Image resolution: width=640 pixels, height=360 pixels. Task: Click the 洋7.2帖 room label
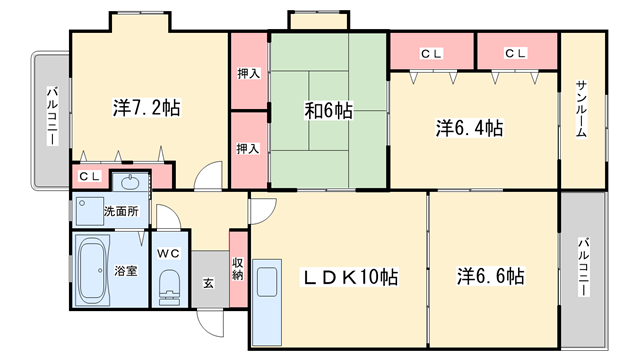coord(147,108)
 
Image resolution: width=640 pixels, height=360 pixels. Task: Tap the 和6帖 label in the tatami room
coord(329,110)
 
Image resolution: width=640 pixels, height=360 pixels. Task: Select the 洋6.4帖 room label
coord(469,128)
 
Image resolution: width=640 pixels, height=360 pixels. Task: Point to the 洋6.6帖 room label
coord(491,276)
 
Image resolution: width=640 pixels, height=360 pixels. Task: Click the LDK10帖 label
coord(349,277)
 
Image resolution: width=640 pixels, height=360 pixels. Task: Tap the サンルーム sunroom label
coord(582,109)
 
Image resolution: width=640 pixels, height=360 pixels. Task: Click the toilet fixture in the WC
coord(169,288)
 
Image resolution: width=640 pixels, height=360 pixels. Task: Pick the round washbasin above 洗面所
coord(131,181)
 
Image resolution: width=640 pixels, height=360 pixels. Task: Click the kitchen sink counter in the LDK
coord(267,302)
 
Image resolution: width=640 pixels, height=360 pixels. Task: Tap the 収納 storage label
coord(238,269)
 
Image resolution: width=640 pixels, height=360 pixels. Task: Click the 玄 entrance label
coord(209,283)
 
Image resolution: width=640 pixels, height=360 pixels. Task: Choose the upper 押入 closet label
coord(249,74)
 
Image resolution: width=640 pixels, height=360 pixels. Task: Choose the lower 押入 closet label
coord(248,149)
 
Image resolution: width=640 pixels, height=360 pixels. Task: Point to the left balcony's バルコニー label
coord(52,116)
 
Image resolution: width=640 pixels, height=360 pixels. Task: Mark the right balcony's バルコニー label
coord(584,267)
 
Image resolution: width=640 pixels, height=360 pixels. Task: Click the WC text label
coord(169,253)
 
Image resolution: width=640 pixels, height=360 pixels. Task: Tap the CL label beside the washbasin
coord(89,176)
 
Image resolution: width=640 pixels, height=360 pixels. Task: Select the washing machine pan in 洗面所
coord(90,211)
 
